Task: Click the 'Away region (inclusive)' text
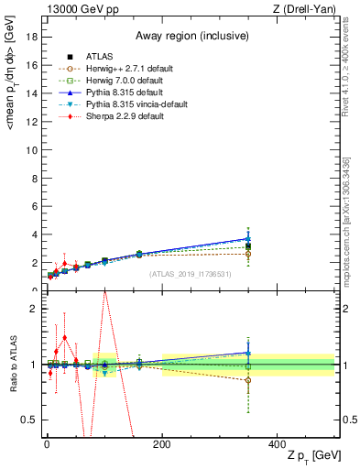189,37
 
